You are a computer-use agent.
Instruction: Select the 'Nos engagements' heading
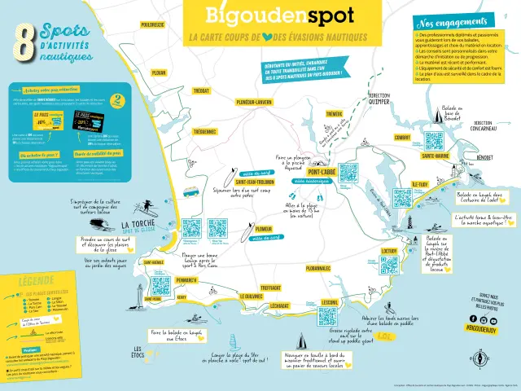coord(447,24)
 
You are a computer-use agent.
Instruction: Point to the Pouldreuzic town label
coord(152,25)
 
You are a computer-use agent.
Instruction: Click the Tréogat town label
coord(201,91)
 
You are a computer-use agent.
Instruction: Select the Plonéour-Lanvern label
coord(253,102)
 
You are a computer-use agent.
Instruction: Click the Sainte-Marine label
coord(436,155)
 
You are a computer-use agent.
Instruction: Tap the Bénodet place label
coord(485,157)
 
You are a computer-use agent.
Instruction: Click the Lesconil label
coord(330,302)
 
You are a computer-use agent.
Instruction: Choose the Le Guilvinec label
coord(250,297)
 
